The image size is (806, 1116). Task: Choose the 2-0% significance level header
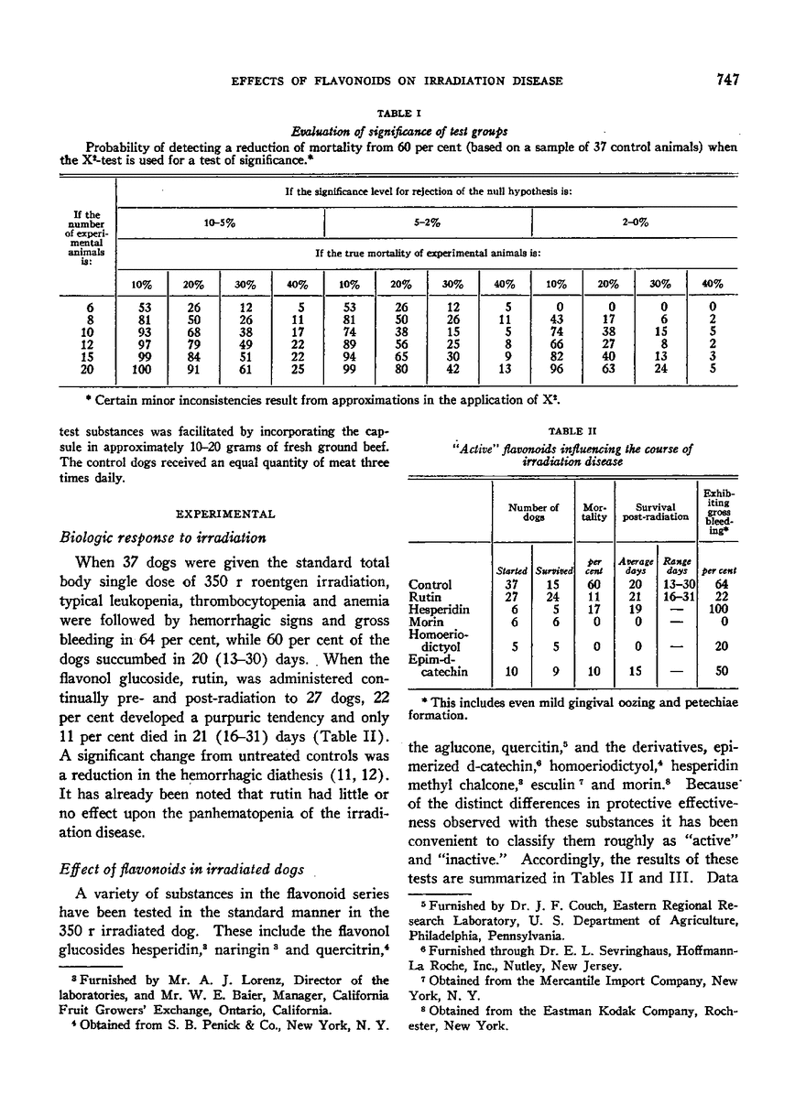tap(634, 222)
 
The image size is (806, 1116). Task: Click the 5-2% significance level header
tap(427, 222)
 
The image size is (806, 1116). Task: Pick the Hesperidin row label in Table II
tap(434, 610)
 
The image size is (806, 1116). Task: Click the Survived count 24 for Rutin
tap(550, 597)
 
